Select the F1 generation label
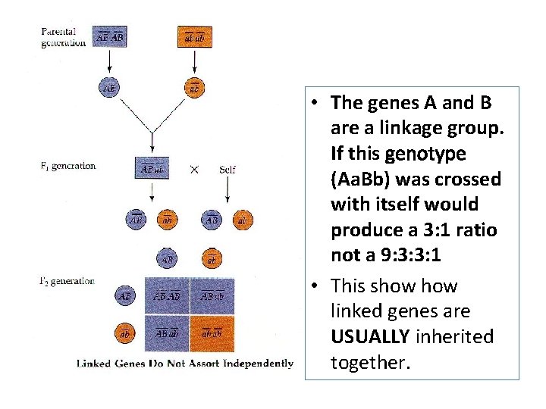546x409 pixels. pos(68,165)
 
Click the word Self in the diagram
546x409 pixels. pos(227,169)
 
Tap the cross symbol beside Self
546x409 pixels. pos(194,169)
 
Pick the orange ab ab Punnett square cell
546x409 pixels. pos(212,333)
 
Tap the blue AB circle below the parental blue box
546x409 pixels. pos(110,87)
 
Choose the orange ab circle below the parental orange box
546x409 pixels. pos(195,87)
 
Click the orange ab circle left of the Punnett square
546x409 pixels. pos(124,333)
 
